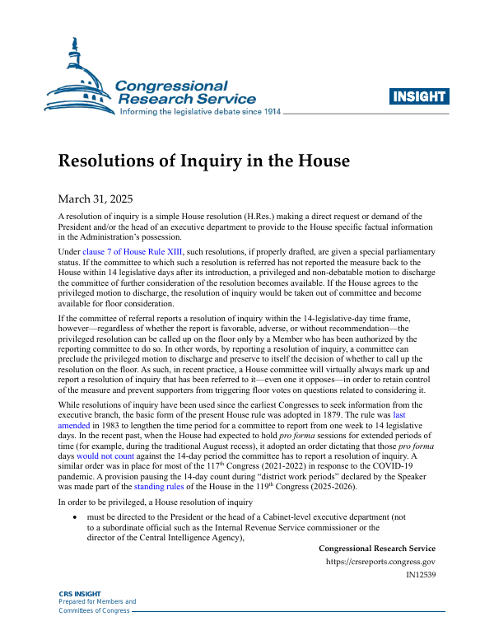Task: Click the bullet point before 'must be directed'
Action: (x=77, y=517)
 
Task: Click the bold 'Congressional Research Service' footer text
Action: (x=376, y=548)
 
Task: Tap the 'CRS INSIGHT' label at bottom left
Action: (x=80, y=593)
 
